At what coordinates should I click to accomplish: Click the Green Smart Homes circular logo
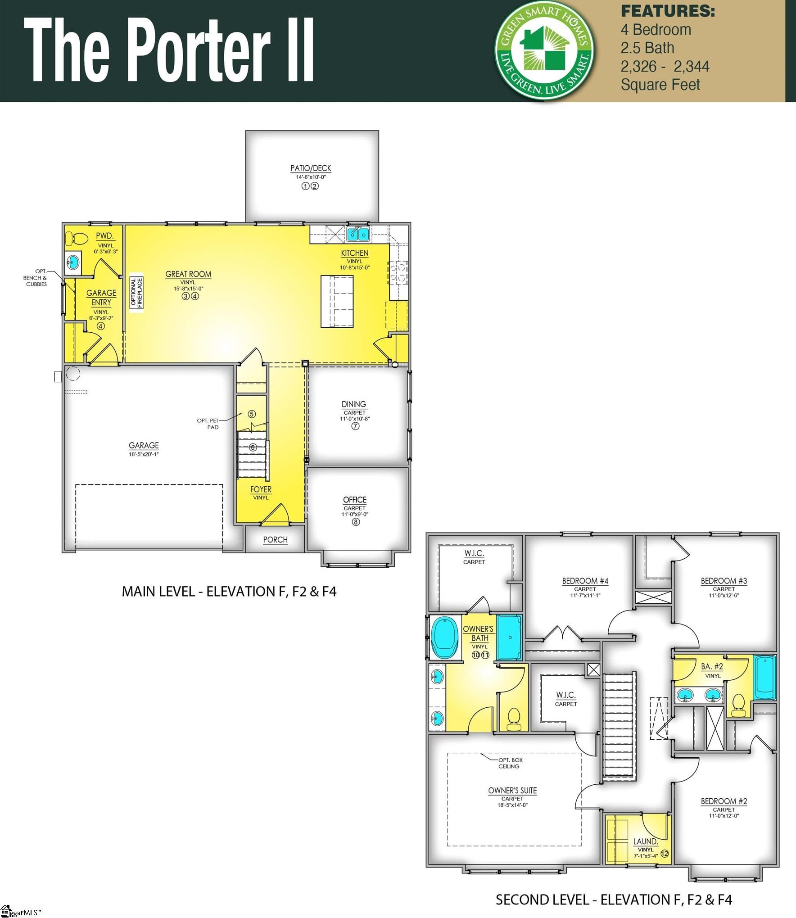point(544,50)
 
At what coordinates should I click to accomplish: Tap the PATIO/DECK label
point(311,168)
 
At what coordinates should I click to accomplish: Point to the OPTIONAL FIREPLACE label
point(136,293)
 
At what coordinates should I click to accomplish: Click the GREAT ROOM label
point(188,274)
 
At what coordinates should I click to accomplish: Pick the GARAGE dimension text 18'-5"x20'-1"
point(144,454)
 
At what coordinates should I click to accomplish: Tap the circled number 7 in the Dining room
point(355,426)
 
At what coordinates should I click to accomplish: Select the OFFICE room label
point(355,500)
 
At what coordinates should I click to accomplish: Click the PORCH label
point(275,540)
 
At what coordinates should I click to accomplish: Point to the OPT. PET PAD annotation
point(208,424)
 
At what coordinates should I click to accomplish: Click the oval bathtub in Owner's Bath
point(444,638)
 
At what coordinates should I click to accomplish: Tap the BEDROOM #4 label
point(585,581)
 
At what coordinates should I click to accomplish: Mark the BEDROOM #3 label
point(724,581)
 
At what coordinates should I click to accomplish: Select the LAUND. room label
point(645,841)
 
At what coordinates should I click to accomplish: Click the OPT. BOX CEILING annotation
point(510,763)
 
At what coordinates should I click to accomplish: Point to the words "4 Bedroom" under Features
point(656,30)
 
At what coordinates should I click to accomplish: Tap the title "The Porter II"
point(169,50)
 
